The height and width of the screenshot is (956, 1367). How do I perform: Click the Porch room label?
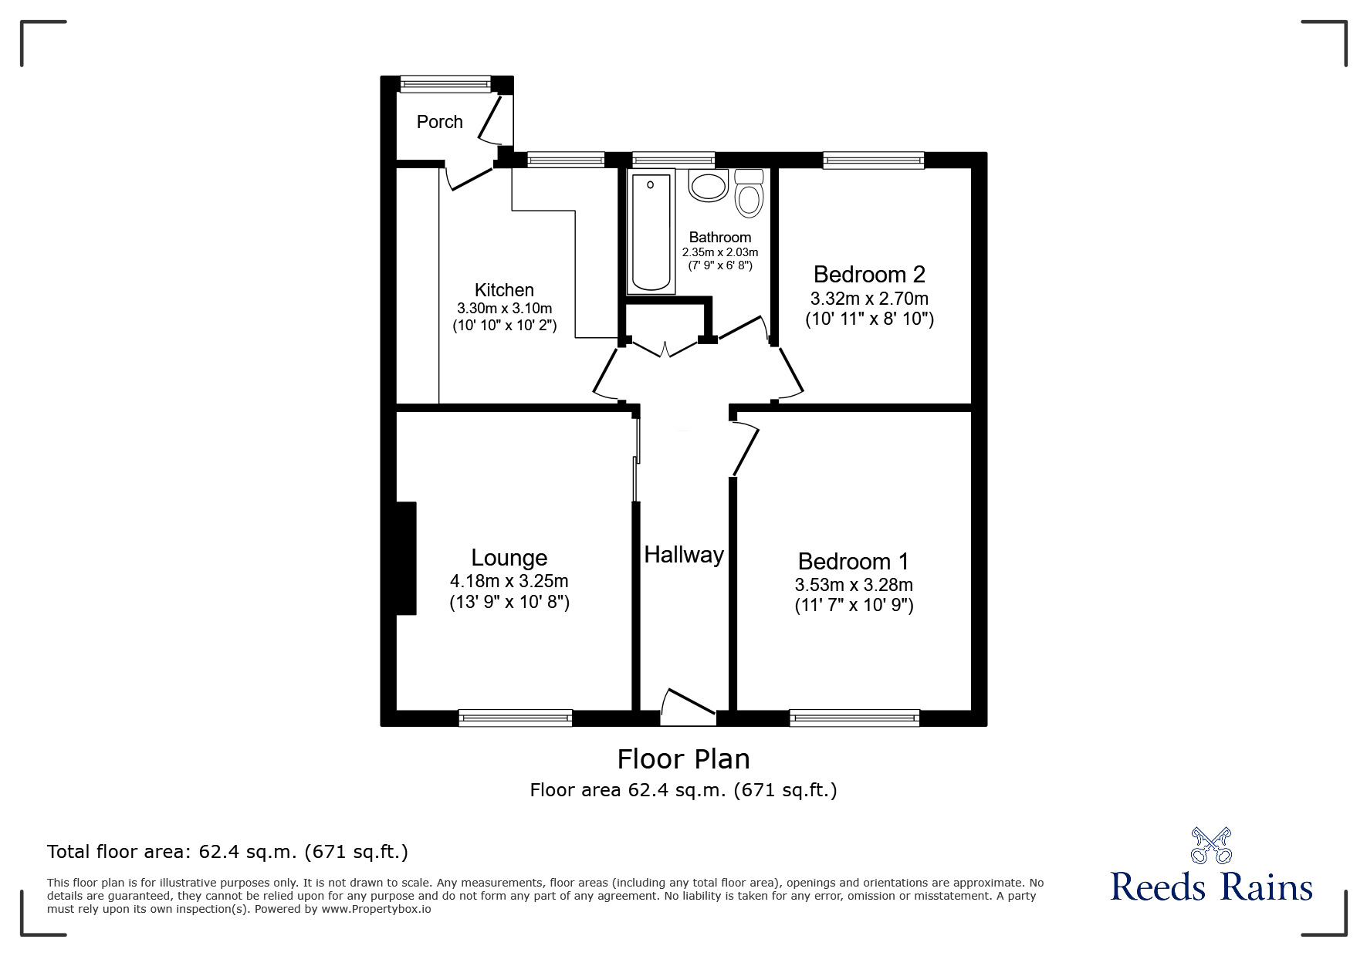pos(439,122)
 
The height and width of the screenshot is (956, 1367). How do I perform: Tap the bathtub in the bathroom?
pos(651,232)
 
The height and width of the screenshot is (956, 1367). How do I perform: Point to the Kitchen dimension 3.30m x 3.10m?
pos(504,308)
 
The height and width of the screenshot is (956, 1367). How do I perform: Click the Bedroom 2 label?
pos(869,274)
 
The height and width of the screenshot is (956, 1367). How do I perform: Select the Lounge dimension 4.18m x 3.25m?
pos(509,581)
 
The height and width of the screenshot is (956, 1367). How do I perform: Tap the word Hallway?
pos(684,555)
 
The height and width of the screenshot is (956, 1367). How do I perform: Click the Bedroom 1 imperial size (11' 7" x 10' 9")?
pos(854,606)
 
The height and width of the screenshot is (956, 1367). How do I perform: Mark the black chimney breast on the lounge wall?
pos(406,558)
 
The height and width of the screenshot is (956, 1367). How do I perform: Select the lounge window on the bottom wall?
pos(516,718)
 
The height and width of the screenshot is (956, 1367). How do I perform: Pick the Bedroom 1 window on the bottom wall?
pos(854,718)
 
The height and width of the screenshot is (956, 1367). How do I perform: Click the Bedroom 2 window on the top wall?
pos(873,160)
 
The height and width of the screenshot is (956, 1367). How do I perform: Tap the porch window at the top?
pos(445,83)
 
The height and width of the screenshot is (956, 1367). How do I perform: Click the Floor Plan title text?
pos(683,759)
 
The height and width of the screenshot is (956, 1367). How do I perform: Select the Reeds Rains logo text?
pos(1211,887)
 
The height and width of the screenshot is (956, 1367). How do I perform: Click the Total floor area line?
pos(228,852)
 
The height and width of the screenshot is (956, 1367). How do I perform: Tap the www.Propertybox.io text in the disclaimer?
pos(377,909)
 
